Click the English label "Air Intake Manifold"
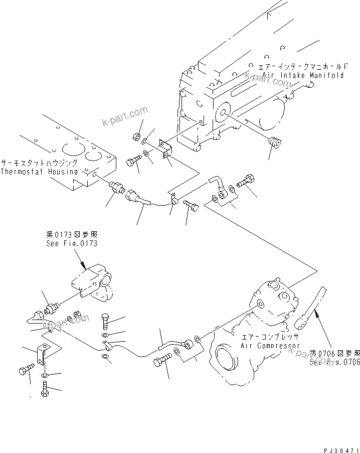coord(303,76)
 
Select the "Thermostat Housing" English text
coord(39,172)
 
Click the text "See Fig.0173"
coord(70,243)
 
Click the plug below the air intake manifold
coord(274,142)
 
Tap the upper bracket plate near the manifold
coord(165,149)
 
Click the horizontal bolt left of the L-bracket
coord(25,372)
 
